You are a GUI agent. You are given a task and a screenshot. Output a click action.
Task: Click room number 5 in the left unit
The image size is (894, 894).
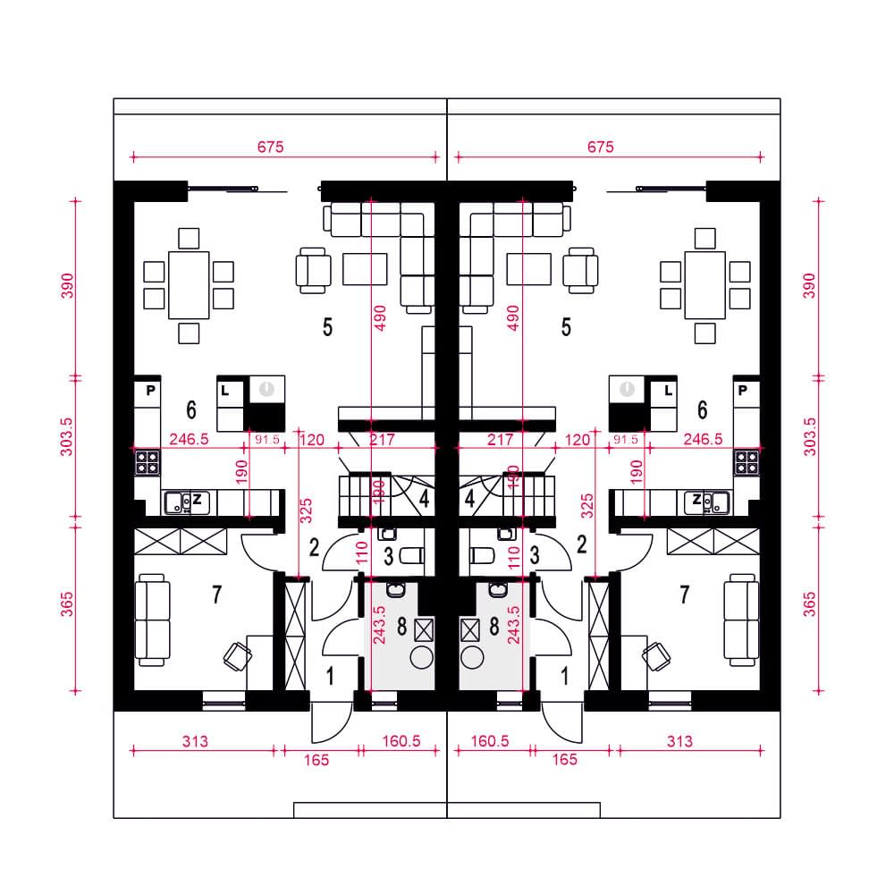coord(327,327)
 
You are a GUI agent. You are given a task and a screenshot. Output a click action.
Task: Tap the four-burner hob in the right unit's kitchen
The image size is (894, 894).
coord(746,462)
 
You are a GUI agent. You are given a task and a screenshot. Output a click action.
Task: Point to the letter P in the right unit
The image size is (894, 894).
coord(742,391)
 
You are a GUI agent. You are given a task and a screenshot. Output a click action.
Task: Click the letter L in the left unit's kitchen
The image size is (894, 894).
coord(224,391)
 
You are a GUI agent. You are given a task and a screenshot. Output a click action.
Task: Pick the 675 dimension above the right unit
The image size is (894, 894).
coord(601,148)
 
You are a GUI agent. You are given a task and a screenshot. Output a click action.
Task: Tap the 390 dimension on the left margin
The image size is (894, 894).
coord(67,286)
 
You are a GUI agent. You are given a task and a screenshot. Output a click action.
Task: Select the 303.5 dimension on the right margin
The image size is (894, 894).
coord(810,437)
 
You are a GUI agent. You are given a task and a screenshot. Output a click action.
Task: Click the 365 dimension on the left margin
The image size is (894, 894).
coord(67,603)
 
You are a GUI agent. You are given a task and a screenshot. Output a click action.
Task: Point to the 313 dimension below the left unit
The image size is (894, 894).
coord(195,741)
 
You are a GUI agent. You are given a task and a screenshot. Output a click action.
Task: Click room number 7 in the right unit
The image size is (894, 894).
coord(684,595)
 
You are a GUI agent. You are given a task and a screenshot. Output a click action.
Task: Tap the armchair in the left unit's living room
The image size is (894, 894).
coord(313,270)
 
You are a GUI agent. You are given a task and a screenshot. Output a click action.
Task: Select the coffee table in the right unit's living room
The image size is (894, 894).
coord(529,269)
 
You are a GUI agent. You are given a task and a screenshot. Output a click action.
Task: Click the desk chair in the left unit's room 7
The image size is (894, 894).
coord(238,656)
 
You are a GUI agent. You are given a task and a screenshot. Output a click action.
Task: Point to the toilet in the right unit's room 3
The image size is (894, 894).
coord(483,555)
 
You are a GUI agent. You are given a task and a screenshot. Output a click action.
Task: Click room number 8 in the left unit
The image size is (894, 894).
coord(402,627)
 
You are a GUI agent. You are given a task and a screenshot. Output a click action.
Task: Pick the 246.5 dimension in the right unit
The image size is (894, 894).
coord(703,439)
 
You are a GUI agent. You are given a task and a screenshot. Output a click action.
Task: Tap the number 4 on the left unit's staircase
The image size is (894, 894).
coord(424,498)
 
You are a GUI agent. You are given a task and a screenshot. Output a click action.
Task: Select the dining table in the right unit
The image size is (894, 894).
coord(704,285)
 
